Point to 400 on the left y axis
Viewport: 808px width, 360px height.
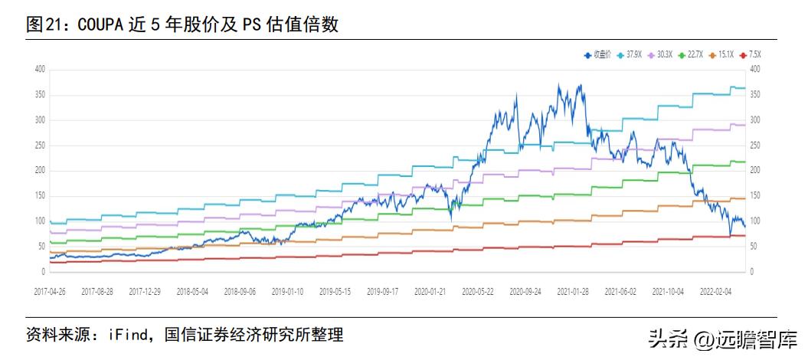point(40,69)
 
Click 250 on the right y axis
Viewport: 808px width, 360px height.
point(757,145)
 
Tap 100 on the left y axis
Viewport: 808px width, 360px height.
point(40,221)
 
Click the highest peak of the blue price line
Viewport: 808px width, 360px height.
point(559,84)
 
